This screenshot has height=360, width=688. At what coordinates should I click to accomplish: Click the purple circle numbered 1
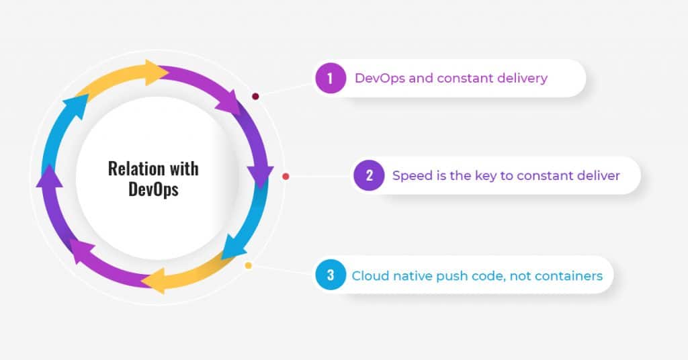pyautogui.click(x=331, y=78)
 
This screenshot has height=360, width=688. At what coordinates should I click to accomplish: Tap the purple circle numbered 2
pyautogui.click(x=369, y=175)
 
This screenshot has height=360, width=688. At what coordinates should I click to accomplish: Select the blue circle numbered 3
pyautogui.click(x=331, y=275)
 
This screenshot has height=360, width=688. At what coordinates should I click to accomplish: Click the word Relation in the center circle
pyautogui.click(x=136, y=169)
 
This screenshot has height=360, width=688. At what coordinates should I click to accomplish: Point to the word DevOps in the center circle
pyautogui.click(x=153, y=189)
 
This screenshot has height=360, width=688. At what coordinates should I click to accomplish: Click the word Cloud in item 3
pyautogui.click(x=370, y=276)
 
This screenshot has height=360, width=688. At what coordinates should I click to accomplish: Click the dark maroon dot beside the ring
pyautogui.click(x=255, y=97)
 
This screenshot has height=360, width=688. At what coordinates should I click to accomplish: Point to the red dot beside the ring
pyautogui.click(x=286, y=176)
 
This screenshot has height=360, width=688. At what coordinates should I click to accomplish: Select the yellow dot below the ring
pyautogui.click(x=249, y=265)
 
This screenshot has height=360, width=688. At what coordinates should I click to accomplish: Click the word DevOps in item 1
pyautogui.click(x=380, y=79)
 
